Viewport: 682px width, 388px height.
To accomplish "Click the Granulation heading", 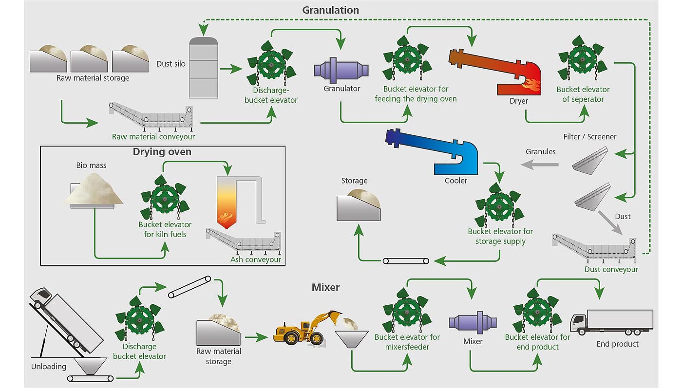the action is (x=330, y=10).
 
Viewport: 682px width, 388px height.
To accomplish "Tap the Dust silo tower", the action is (x=204, y=68).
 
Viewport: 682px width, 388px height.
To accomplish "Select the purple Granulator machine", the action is (x=341, y=70).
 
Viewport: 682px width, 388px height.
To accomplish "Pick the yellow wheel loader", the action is (x=307, y=329).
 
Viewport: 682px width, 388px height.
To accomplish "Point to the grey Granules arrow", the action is (x=540, y=165).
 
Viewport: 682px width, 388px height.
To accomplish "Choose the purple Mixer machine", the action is (x=473, y=322).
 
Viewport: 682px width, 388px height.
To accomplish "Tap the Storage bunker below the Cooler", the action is (x=359, y=205).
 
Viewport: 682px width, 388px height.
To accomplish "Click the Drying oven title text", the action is (x=162, y=152).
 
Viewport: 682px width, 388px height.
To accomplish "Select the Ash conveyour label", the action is (x=255, y=259).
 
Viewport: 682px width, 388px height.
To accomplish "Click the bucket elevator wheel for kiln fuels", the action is (x=165, y=198).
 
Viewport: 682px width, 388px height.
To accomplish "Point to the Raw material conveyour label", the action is (x=153, y=137).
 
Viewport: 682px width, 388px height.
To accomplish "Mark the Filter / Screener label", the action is (x=590, y=137).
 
